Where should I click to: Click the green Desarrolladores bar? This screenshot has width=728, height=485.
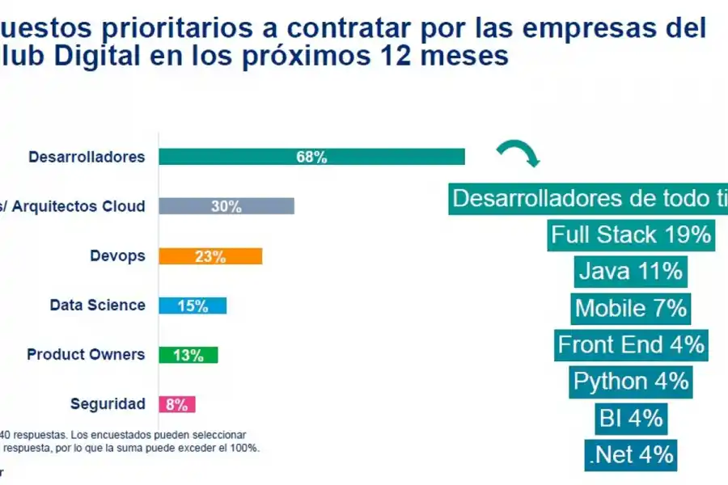(311, 157)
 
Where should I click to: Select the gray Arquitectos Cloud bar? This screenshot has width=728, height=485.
(226, 206)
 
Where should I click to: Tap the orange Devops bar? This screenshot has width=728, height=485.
(210, 256)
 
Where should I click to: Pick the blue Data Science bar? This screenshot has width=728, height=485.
(193, 306)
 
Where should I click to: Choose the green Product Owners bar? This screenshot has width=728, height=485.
(188, 355)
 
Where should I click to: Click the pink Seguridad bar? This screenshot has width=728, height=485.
(177, 404)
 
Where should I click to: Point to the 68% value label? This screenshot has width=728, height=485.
(311, 158)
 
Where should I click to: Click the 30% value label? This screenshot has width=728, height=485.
(226, 207)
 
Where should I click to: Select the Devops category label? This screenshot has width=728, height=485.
(117, 256)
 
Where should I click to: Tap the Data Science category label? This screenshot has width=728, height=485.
(97, 306)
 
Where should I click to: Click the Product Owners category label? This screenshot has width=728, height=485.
(86, 355)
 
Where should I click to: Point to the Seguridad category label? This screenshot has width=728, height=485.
(108, 404)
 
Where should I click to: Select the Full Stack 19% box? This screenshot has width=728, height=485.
(630, 234)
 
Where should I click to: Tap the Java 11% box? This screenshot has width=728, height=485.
(630, 271)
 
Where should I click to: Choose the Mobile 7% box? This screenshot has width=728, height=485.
(630, 308)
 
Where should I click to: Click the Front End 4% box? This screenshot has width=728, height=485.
(630, 345)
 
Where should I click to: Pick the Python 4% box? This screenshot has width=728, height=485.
(630, 382)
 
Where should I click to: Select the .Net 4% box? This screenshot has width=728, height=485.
(630, 455)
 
